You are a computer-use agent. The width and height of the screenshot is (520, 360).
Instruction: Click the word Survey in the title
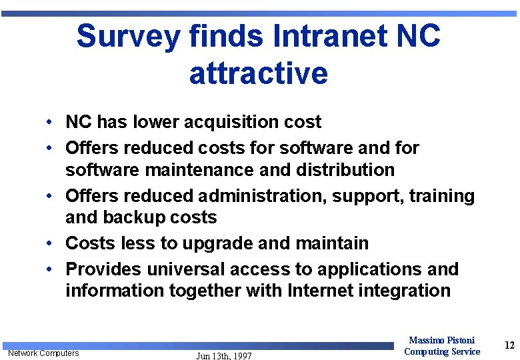tap(128, 37)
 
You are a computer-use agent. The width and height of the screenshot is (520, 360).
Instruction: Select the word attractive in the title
tap(259, 73)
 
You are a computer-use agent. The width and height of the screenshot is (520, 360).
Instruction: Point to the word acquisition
tap(232, 122)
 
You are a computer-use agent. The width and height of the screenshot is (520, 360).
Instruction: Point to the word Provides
tap(103, 269)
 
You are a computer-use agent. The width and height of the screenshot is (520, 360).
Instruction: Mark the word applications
tap(367, 269)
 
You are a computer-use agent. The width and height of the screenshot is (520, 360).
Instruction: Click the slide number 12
tap(509, 345)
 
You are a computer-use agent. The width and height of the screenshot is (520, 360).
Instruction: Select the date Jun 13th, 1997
tap(224, 356)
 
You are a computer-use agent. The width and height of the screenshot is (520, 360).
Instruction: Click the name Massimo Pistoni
tap(441, 341)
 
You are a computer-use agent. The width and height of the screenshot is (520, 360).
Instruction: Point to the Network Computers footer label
tap(43, 353)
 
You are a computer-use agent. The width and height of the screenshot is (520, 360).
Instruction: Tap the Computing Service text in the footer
tap(441, 351)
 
